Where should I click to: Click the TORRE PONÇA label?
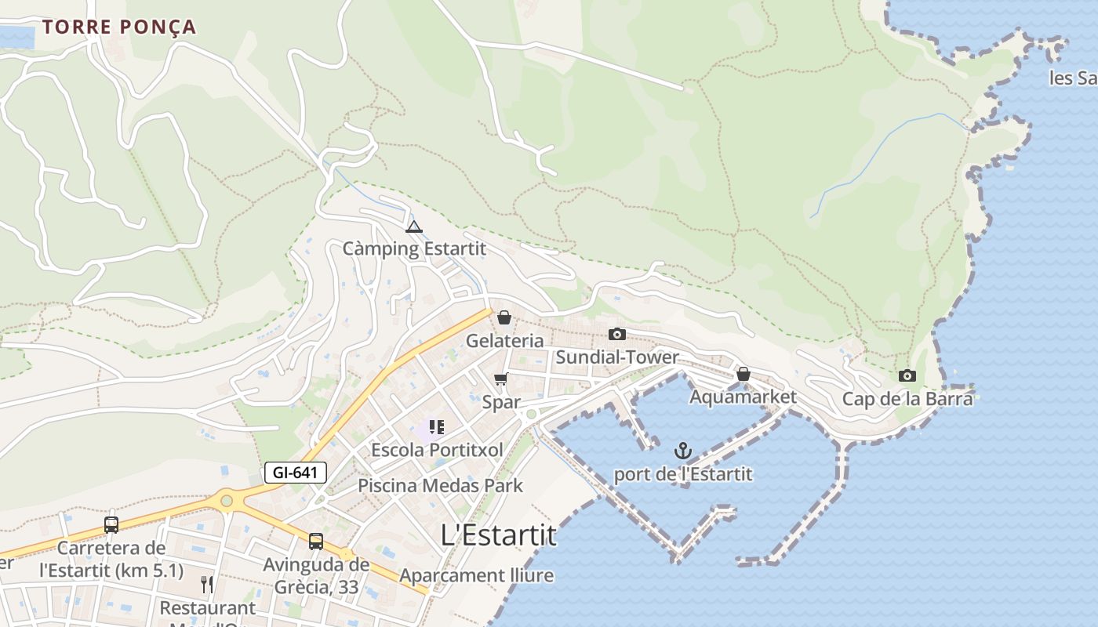[118, 27]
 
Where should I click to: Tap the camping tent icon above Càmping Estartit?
[413, 227]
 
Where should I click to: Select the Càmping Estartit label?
[414, 249]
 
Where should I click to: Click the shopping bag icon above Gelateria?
[504, 317]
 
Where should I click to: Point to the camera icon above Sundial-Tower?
[617, 335]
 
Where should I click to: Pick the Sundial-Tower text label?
[617, 357]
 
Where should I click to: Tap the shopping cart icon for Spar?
[500, 379]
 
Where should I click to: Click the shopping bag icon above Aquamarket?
[743, 374]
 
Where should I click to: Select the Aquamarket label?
[743, 397]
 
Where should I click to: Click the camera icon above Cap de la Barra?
[907, 375]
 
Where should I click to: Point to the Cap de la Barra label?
[907, 399]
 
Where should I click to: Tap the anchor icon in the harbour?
[683, 451]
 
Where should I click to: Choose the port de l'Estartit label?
[682, 474]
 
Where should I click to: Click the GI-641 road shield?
[295, 473]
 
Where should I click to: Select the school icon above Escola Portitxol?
[437, 427]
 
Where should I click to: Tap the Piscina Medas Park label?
[440, 485]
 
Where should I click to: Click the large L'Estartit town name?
[499, 535]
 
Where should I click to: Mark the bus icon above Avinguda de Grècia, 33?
[316, 541]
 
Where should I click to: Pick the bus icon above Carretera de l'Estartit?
[111, 524]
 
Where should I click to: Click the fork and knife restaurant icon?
[207, 584]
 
